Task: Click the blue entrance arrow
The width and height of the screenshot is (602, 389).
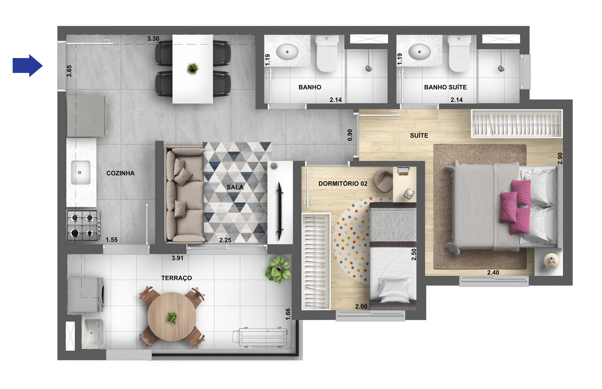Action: pyautogui.click(x=27, y=66)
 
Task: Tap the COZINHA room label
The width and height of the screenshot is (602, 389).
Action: pyautogui.click(x=120, y=173)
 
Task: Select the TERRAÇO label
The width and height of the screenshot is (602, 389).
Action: pyautogui.click(x=176, y=278)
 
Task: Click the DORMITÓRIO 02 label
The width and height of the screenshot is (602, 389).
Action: pyautogui.click(x=343, y=184)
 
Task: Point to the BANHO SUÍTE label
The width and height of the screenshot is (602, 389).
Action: pyautogui.click(x=445, y=87)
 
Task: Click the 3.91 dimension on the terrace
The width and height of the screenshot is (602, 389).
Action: pyautogui.click(x=177, y=258)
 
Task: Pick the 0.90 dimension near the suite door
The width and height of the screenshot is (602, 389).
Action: pyautogui.click(x=350, y=135)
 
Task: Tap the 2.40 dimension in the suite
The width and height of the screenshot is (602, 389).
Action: pyautogui.click(x=493, y=273)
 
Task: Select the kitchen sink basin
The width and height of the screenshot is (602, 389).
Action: pyautogui.click(x=81, y=173)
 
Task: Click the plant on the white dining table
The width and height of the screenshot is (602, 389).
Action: pyautogui.click(x=192, y=69)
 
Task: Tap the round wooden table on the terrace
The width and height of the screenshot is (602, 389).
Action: pyautogui.click(x=172, y=317)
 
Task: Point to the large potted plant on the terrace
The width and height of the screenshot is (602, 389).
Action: pyautogui.click(x=279, y=269)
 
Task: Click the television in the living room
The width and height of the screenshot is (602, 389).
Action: pyautogui.click(x=279, y=211)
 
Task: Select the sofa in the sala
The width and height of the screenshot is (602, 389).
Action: pyautogui.click(x=184, y=195)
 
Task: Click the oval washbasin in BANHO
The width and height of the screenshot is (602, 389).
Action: pyautogui.click(x=287, y=52)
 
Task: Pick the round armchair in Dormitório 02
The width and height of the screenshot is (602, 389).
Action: pyautogui.click(x=383, y=181)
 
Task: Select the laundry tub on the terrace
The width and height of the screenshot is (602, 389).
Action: pyautogui.click(x=93, y=333)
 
